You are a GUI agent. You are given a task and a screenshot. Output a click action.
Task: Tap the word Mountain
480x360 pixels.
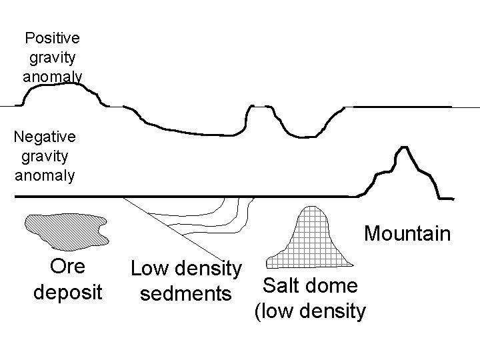[x=407, y=234]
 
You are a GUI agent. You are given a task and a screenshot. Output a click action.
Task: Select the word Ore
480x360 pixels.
[x=67, y=266]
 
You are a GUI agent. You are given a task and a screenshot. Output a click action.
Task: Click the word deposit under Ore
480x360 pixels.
[x=68, y=292]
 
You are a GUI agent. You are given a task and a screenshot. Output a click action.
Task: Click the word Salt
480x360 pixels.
[x=283, y=285]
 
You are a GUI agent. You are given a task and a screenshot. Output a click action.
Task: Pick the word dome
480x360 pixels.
[x=335, y=285]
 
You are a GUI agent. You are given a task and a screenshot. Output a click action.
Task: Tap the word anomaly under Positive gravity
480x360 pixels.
[x=53, y=77]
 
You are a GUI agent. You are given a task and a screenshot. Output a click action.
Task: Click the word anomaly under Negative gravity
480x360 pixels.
[x=45, y=176]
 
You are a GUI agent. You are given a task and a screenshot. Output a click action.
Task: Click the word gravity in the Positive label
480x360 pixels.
[x=53, y=57]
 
